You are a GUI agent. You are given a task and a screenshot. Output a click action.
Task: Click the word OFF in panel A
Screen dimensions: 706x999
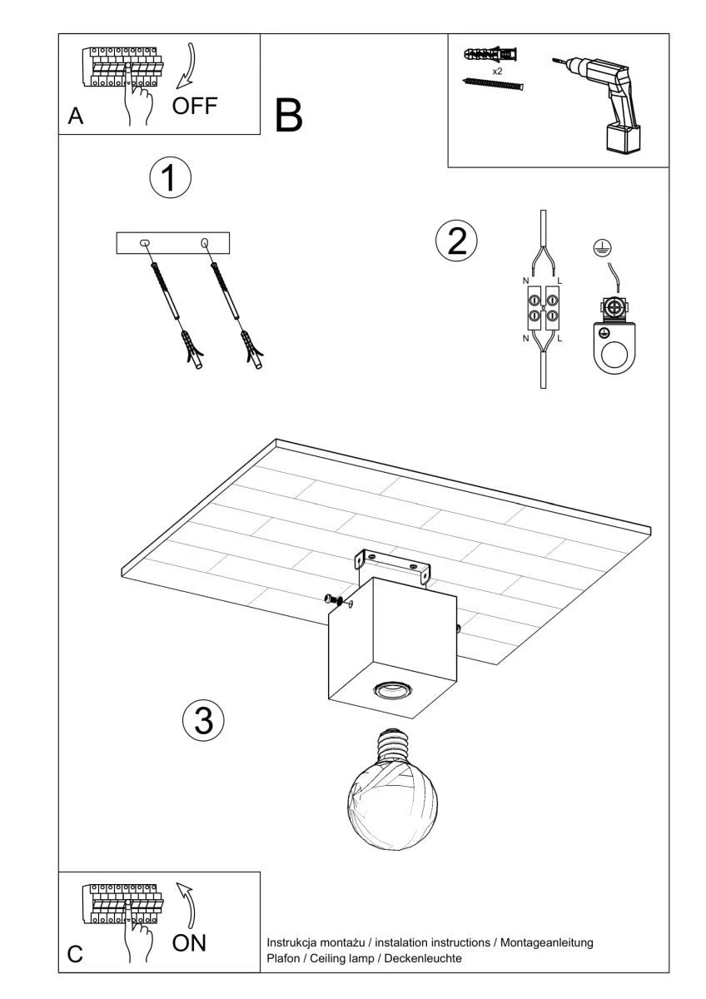click(195, 107)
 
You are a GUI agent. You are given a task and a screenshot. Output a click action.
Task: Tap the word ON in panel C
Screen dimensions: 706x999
click(189, 942)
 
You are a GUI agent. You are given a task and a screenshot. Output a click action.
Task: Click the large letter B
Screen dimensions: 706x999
click(289, 116)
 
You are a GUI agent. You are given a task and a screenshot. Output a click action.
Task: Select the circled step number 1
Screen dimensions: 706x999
click(171, 177)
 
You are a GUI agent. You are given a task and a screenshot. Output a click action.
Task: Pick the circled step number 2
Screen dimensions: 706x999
click(456, 241)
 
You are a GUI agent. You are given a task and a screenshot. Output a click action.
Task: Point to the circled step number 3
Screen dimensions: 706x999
click(203, 721)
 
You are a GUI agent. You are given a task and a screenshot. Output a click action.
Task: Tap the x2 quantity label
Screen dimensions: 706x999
click(498, 72)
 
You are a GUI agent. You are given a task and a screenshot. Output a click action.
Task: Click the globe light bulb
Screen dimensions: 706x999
click(392, 789)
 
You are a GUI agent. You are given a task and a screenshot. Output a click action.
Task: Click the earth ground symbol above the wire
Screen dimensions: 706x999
click(602, 247)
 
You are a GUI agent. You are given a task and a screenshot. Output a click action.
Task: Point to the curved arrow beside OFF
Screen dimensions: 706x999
click(186, 66)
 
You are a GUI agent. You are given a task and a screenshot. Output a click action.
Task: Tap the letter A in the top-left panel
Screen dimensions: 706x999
click(76, 117)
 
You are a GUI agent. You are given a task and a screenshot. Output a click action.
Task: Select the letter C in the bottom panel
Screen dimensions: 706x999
click(75, 954)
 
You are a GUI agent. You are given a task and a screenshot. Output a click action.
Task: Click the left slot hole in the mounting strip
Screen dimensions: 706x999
click(145, 243)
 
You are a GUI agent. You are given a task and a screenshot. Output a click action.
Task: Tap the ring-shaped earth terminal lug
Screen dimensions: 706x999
click(614, 347)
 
